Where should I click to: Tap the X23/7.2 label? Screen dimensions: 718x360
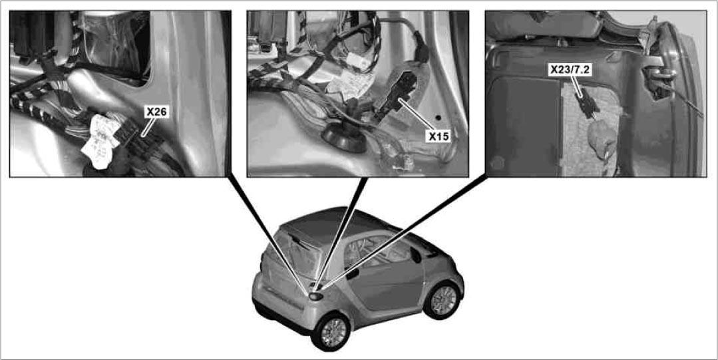[x=572, y=70]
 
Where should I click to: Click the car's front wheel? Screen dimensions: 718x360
[x=443, y=301]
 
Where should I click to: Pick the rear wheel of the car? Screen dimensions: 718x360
[x=331, y=331]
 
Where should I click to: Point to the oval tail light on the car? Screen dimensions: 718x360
[x=316, y=296]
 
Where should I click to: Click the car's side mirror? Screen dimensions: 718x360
[x=416, y=255]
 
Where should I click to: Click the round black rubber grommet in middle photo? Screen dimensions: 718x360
[x=345, y=137]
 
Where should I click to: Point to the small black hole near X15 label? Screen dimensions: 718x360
[x=439, y=118]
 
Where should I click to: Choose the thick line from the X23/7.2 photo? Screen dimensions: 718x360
[x=403, y=232]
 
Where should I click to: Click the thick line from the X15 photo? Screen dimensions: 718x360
[x=339, y=232]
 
